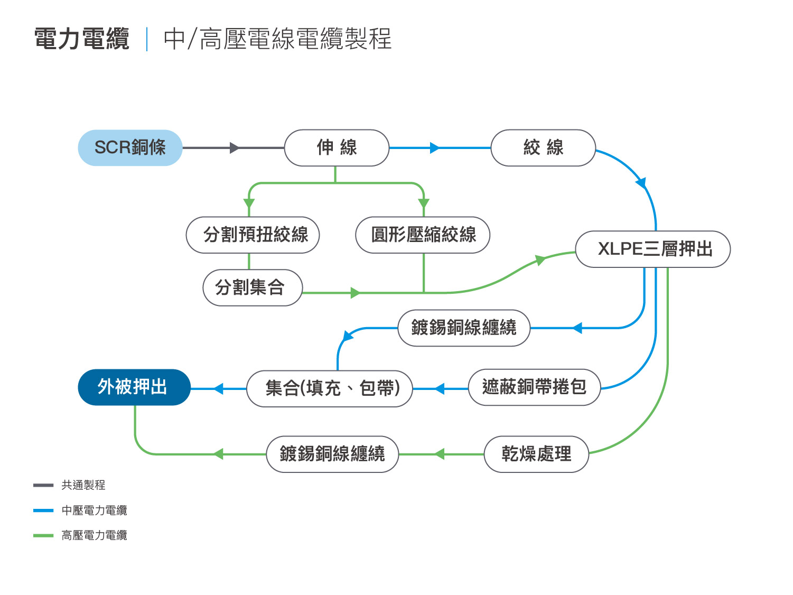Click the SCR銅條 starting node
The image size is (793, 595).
point(130,148)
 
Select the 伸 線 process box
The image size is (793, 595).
point(337,148)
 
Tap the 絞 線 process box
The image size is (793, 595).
point(543,148)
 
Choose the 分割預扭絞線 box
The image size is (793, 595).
point(253,235)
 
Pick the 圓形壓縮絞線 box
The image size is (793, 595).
point(423,235)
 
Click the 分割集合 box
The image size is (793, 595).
point(253,287)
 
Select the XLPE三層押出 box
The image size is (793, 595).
point(653,249)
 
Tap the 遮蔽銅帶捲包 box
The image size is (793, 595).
point(534,387)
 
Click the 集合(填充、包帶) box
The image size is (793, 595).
point(330,389)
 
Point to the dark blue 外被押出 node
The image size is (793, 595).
point(134,387)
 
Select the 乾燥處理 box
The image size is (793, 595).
point(536,454)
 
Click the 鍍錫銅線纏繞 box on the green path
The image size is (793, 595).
point(332,454)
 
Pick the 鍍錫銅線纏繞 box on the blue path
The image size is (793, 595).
point(464,328)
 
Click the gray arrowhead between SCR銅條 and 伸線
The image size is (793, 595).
point(235,148)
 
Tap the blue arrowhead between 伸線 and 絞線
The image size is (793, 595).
point(435,148)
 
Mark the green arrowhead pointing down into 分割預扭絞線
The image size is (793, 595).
point(249,203)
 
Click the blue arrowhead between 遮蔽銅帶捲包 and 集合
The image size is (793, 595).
point(440,389)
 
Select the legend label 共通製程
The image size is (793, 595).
point(83,485)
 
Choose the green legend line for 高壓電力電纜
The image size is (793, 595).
point(43,535)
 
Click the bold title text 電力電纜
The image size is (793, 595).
point(82,38)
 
